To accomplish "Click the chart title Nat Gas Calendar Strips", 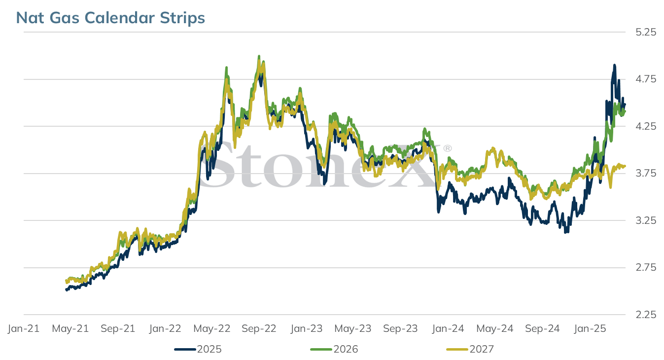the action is [x=110, y=18].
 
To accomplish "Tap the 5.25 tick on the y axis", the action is [x=646, y=32].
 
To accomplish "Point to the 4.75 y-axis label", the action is [x=646, y=79].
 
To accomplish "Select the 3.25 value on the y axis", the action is [x=646, y=220].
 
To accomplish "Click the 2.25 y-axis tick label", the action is [x=646, y=315].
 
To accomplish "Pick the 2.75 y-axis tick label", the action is [x=646, y=267].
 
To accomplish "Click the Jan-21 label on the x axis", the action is [x=24, y=328].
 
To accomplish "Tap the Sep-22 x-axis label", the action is [x=259, y=328].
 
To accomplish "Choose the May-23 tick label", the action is [x=353, y=328].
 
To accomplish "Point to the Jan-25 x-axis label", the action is [x=590, y=328].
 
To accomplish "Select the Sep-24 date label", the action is [x=542, y=328].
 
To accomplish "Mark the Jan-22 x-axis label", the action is [x=165, y=328].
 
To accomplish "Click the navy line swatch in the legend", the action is [x=185, y=349].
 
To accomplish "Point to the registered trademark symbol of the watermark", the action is [x=448, y=148].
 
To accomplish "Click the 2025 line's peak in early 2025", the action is [x=615, y=65].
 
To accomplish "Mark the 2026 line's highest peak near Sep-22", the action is [x=259, y=56].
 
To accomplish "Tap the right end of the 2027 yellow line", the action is [x=625, y=166].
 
